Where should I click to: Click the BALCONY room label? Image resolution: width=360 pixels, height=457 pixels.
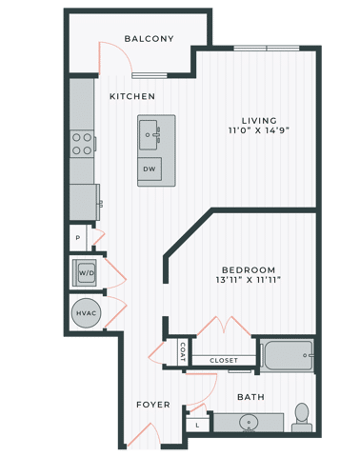coord(149,39)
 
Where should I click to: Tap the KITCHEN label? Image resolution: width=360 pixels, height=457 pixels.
coord(131,97)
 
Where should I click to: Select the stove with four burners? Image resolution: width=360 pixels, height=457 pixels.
coord(82,143)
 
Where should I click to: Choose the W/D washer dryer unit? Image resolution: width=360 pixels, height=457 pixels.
coord(85,271)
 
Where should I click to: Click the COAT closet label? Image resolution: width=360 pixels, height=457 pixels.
coord(184,352)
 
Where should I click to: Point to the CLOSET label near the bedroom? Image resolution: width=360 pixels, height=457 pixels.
coord(224,361)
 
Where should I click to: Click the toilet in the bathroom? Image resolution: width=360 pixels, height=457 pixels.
coord(303,414)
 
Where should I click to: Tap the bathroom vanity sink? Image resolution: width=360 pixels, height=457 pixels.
coord(250,421)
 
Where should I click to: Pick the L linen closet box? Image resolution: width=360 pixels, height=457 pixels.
coord(196,425)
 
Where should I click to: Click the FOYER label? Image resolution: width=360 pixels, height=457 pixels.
coord(152,405)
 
